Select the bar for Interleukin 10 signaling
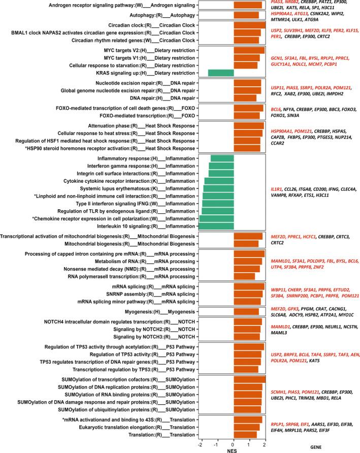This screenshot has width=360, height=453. pyautogui.click(x=217, y=226)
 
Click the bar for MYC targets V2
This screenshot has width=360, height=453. pyautogui.click(x=249, y=50)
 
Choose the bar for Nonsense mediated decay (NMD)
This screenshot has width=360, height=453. pyautogui.click(x=246, y=269)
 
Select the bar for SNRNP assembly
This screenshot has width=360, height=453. pyautogui.click(x=248, y=294)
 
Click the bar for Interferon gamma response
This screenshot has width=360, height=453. pyautogui.click(x=222, y=166)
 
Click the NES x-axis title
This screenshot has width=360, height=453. pyautogui.click(x=233, y=449)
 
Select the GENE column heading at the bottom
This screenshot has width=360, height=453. pyautogui.click(x=316, y=447)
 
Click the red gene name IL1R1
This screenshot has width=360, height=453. pyautogui.click(x=278, y=188)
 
